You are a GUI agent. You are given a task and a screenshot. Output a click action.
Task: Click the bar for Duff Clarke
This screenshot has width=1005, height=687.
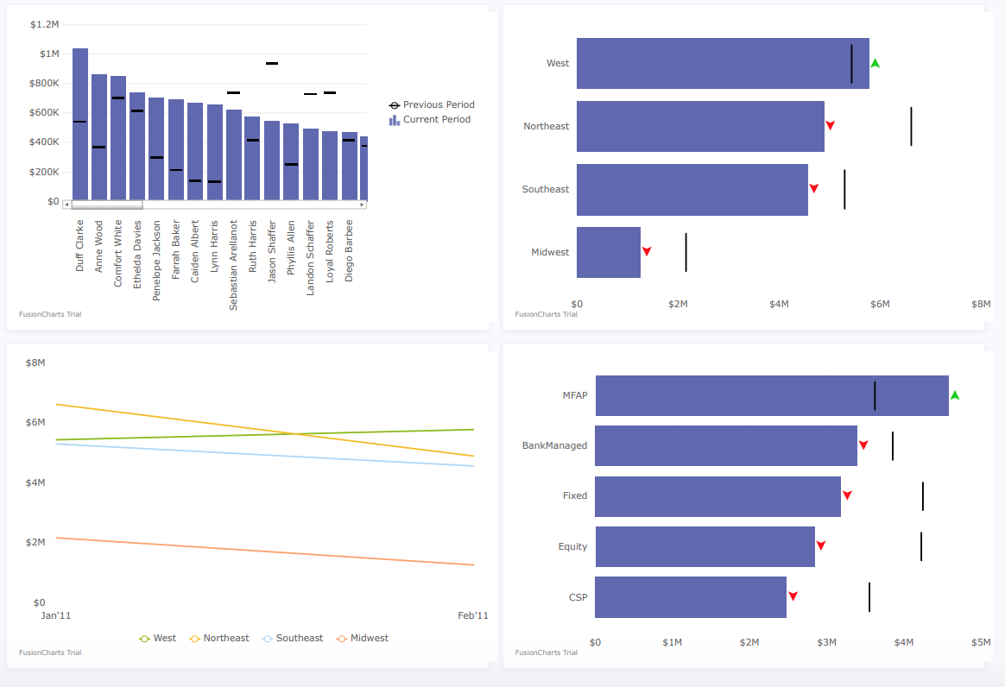79,125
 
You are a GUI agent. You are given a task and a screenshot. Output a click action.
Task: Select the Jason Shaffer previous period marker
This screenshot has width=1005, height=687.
271,64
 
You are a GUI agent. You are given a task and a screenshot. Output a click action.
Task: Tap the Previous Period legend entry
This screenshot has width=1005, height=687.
432,104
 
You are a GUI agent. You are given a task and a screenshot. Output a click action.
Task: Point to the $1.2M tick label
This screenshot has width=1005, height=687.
44,24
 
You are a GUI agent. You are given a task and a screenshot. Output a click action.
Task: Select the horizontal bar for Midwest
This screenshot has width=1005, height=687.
608,252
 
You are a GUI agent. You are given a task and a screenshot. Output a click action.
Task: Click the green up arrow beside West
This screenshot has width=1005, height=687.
875,64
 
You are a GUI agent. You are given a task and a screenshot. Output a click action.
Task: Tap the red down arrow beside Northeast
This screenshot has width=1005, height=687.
830,125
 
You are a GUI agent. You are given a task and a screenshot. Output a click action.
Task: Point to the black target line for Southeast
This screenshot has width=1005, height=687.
844,189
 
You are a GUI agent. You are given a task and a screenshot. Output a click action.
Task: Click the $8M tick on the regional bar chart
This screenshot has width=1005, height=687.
980,304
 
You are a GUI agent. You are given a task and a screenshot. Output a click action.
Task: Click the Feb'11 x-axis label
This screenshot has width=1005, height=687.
472,615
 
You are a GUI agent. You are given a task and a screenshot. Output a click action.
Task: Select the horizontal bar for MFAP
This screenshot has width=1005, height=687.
771,395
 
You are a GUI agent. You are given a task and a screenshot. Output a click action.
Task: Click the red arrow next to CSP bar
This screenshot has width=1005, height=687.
793,596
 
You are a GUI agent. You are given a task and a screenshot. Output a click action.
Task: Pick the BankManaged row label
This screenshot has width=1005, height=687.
554,445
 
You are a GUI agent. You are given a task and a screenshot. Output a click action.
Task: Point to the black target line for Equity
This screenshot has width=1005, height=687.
921,546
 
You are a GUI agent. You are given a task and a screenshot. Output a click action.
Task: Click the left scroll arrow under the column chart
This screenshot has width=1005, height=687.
67,205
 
